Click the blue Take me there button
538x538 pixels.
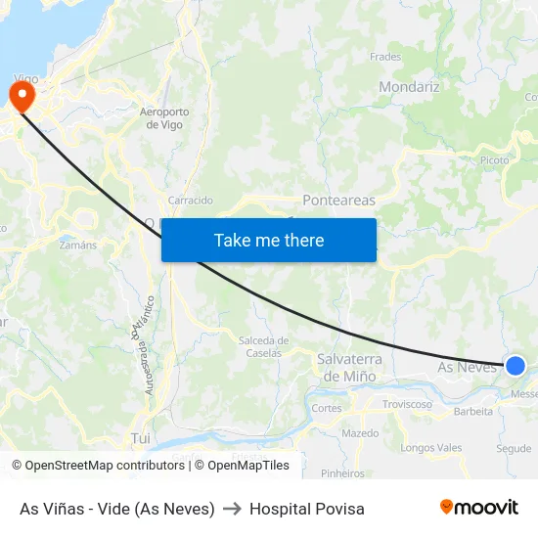[269, 240]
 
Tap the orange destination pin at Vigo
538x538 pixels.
[21, 96]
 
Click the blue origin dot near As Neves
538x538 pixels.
[516, 366]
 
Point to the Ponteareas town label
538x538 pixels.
[338, 200]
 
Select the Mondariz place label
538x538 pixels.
[409, 86]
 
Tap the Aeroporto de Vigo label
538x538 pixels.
[164, 118]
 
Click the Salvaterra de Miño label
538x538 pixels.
[349, 368]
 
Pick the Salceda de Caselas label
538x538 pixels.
[263, 346]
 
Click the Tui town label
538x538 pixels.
[141, 439]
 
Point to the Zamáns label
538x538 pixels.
[78, 245]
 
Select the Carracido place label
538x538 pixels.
[190, 201]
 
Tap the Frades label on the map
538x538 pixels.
[385, 57]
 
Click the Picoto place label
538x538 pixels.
[494, 159]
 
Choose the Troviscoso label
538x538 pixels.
[407, 404]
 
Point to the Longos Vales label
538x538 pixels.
[431, 448]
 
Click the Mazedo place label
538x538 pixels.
[360, 432]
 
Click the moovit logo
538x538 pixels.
[478, 507]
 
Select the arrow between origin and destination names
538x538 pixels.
[232, 509]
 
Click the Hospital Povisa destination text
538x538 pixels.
[306, 509]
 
